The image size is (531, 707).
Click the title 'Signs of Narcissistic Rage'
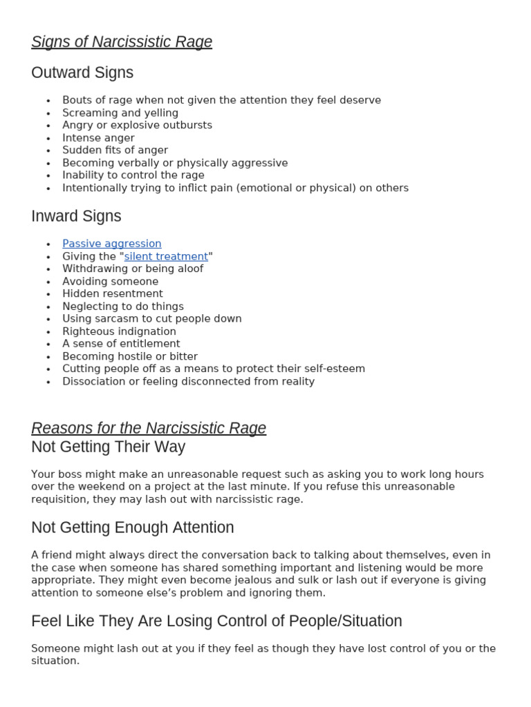coord(122,42)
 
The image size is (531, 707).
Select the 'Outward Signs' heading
coord(82,72)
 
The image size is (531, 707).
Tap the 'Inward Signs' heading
coord(76,216)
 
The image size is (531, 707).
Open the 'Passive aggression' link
coord(112,244)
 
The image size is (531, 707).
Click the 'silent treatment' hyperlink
coord(166,256)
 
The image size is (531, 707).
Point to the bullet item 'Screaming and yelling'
coord(120,113)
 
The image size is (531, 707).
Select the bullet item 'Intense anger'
coord(98,138)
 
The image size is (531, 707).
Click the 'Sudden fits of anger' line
coord(115,150)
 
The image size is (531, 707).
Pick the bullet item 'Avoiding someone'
coord(110,281)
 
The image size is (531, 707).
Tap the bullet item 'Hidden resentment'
coord(113,293)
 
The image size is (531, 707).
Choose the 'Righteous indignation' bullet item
coord(119,331)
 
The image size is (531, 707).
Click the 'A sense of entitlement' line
coord(121,343)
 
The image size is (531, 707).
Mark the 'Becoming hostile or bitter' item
coord(130,356)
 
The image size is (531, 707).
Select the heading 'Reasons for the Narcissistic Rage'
coord(149,428)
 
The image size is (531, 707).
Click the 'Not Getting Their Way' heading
coord(108,447)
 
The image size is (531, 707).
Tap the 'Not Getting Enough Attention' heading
coord(133,527)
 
